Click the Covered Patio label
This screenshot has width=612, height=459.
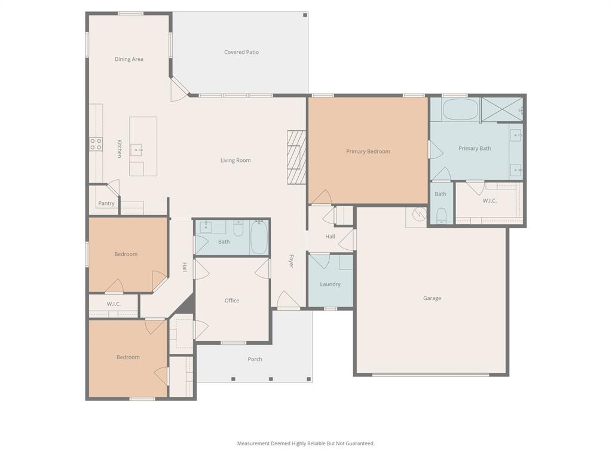coord(241,52)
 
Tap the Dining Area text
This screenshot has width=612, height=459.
coord(128,59)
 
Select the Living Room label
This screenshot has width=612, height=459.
coord(235,160)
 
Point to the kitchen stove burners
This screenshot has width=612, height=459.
coord(96,144)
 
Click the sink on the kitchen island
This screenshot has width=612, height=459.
coord(137,149)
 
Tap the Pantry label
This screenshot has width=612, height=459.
coord(106,203)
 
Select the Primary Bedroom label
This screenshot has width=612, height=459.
coord(368,151)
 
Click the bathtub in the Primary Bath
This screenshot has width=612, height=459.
coord(460,110)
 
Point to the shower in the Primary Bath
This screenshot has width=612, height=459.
coord(502,109)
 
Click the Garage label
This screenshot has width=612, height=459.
coord(432,298)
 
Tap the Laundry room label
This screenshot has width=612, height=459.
coord(330,284)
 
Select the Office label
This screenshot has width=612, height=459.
coord(232,301)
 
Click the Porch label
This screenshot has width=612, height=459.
coord(255,359)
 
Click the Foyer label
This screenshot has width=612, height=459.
coord(292,261)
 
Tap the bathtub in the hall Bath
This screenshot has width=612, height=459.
coord(259,237)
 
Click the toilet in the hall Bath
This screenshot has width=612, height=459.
coord(238,228)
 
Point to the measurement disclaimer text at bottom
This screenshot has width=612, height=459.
coord(306,443)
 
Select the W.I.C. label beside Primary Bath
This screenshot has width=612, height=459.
coord(489,201)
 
